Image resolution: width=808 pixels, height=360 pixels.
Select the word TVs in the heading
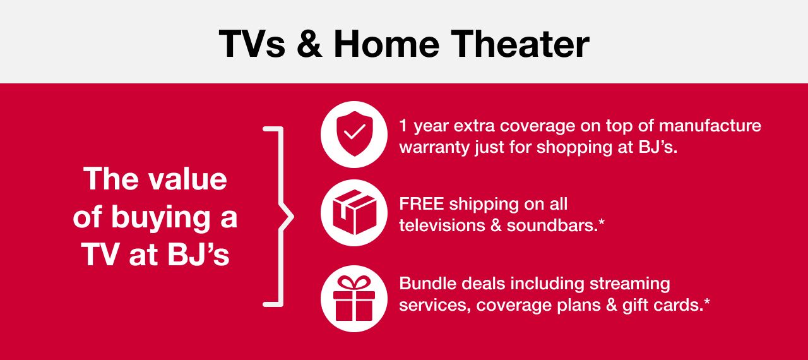coord(251,44)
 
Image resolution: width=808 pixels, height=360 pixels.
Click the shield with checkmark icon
coord(353,134)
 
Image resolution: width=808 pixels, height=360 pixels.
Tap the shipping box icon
coord(353,212)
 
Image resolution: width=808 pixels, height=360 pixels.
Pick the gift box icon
coord(353,298)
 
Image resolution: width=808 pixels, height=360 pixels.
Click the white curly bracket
coord(278,217)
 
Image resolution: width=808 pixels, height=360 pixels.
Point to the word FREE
coord(422,204)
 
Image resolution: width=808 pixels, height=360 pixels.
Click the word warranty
coord(434,148)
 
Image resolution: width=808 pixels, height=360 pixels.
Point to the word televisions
coord(442,225)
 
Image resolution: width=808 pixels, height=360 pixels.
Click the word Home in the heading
coord(387,44)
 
